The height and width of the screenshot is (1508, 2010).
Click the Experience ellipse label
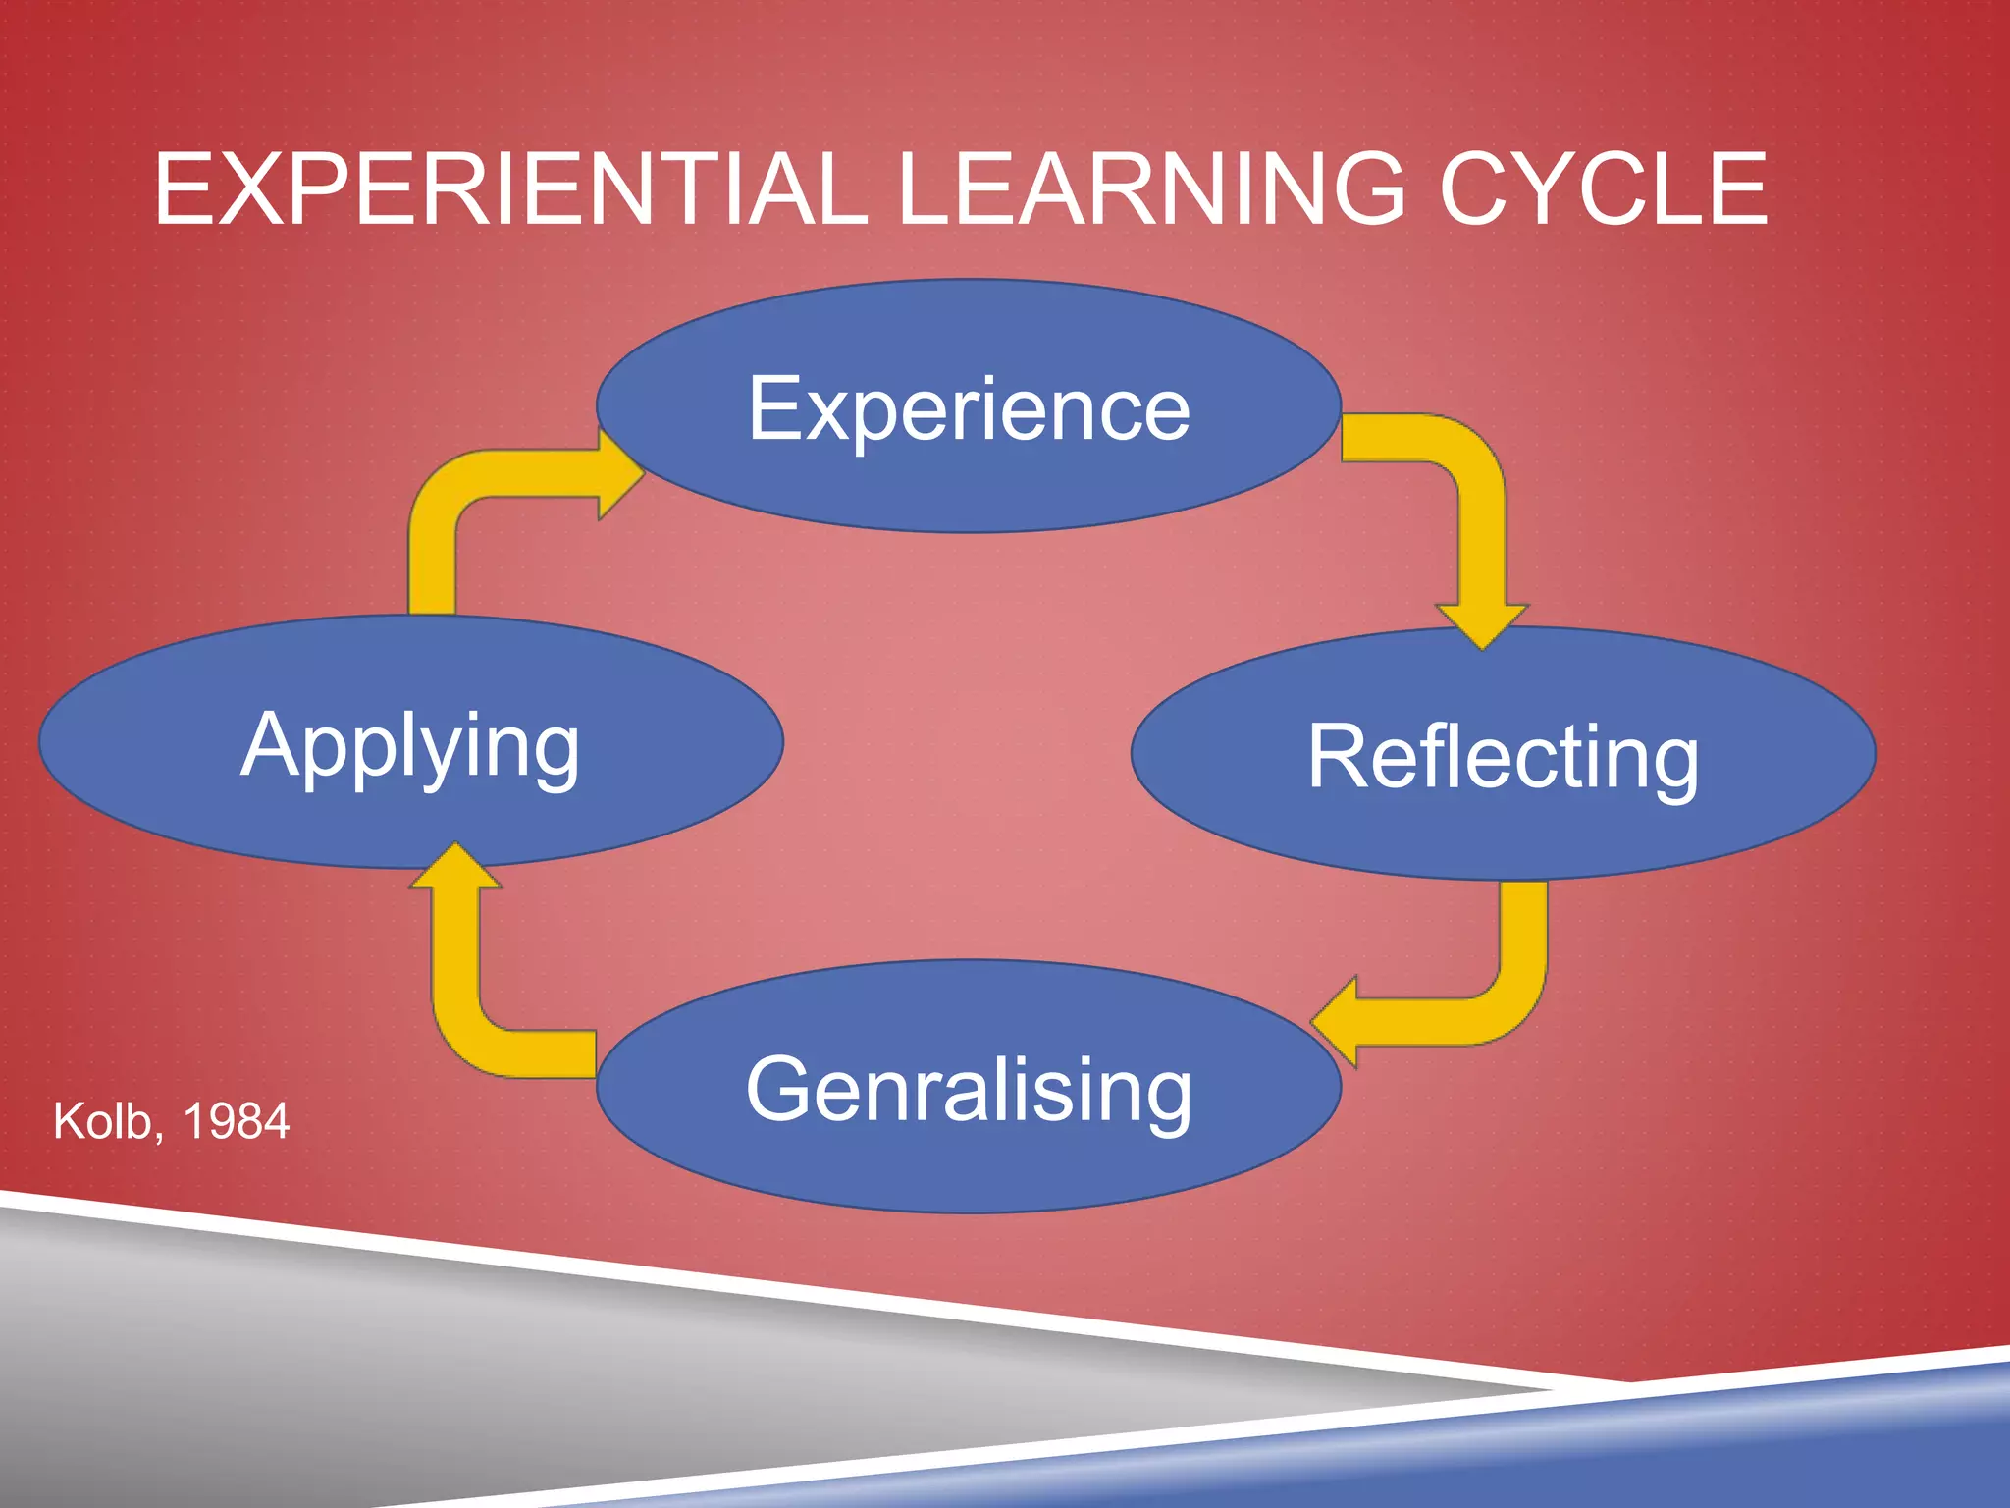pyautogui.click(x=969, y=408)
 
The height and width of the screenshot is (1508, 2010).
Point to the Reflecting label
pyautogui.click(x=1503, y=756)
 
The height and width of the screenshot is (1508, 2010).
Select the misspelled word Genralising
pyautogui.click(x=969, y=1090)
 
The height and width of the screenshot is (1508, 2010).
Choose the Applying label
pyautogui.click(x=410, y=746)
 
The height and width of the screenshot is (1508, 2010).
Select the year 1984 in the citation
pyautogui.click(x=236, y=1121)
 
